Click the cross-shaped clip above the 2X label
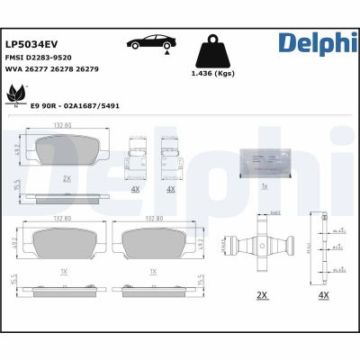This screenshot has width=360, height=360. coord(262,247)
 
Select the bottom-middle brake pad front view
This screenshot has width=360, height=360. coord(152,242)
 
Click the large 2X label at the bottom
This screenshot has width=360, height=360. coord(262,293)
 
